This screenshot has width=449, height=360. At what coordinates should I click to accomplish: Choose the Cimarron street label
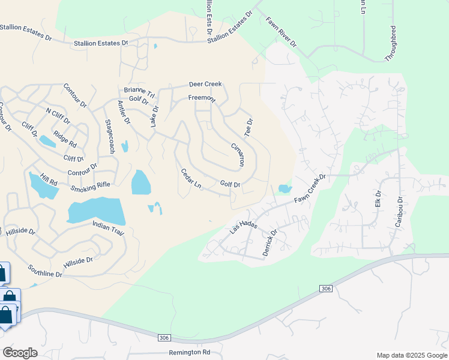[238, 154]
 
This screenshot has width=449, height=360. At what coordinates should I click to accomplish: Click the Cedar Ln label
[191, 178]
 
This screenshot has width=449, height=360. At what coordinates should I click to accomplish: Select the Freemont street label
[202, 97]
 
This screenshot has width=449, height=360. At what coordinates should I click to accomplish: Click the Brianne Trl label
[140, 92]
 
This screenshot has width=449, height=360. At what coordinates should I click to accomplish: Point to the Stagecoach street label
[109, 136]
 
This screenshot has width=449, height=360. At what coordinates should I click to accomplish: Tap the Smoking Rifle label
[91, 187]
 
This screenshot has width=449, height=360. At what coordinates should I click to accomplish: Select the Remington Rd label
[190, 352]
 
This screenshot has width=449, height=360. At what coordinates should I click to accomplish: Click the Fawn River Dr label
[281, 32]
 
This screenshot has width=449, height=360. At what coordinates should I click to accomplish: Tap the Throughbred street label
[394, 43]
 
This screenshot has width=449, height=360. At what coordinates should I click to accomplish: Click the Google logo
[20, 353]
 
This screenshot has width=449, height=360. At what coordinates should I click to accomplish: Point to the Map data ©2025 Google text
[411, 355]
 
